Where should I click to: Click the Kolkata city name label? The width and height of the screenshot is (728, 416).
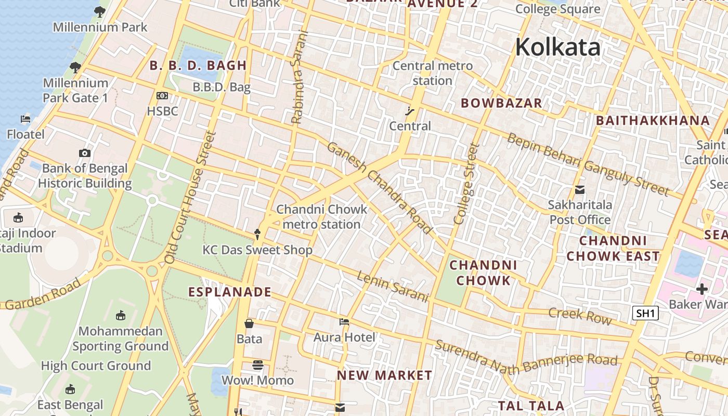point(557,47)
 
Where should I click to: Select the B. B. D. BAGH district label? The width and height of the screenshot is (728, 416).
point(198,66)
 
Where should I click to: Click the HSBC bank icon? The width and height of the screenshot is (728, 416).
point(162,96)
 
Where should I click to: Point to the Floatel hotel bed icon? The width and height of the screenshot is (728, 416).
point(25,119)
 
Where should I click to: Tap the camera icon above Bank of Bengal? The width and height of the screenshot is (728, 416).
point(85,153)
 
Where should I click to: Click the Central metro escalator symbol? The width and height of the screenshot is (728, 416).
point(410,110)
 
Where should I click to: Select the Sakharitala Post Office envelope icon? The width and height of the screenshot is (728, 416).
point(580,190)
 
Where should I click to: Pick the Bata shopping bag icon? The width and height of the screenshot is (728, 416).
point(249,323)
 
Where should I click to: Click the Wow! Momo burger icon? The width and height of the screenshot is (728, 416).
point(258,365)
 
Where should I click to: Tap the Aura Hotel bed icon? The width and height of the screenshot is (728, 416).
point(344,322)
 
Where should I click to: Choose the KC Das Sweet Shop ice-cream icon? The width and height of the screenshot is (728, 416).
point(257,235)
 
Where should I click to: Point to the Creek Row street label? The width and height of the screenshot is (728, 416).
point(580,315)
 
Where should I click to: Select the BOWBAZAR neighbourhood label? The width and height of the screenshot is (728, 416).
point(501,103)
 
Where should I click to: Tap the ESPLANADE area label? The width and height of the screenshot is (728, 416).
point(230,292)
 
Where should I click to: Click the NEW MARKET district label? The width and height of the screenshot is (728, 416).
point(384,375)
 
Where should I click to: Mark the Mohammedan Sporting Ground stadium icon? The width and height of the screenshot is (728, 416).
point(121,315)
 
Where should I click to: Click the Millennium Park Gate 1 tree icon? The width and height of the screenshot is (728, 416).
point(75,68)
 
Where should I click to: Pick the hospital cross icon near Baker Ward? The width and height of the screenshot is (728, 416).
point(702,289)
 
